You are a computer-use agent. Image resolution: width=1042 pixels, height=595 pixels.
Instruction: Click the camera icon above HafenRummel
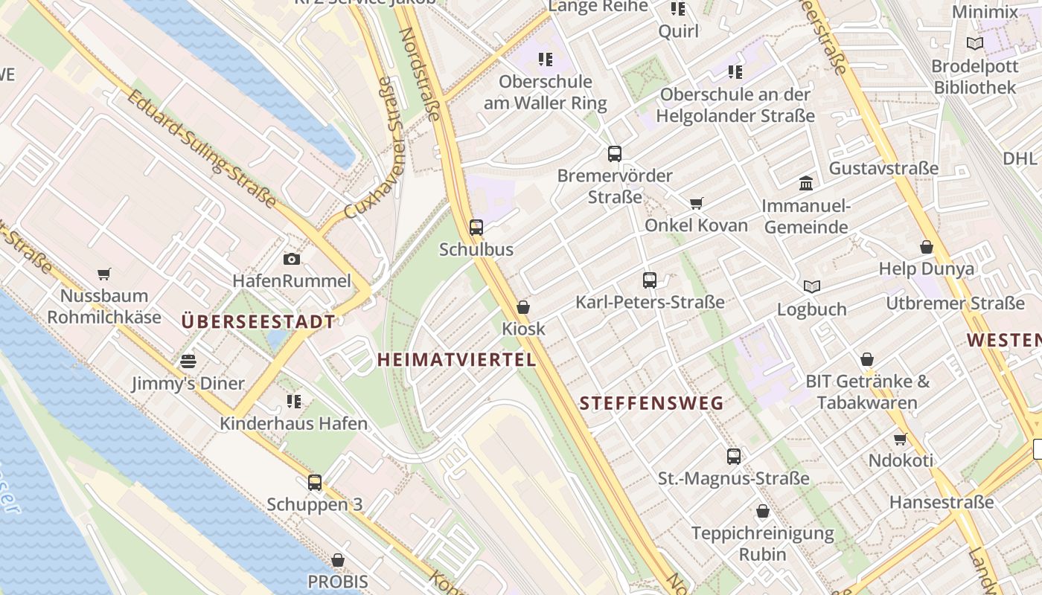click(292, 259)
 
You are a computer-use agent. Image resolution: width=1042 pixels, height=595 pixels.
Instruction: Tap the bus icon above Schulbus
click(476, 227)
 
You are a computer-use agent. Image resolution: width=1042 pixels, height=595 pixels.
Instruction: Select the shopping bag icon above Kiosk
click(523, 306)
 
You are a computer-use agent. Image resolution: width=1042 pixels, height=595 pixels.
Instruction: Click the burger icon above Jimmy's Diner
click(188, 361)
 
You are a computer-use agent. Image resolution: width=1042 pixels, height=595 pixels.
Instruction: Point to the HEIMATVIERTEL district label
click(456, 360)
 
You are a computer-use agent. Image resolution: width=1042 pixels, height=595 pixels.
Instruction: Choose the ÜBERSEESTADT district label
click(258, 322)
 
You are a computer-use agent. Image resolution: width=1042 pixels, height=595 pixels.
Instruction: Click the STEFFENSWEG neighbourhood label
click(651, 404)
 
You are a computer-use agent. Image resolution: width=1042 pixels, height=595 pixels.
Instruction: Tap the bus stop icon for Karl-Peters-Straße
click(650, 280)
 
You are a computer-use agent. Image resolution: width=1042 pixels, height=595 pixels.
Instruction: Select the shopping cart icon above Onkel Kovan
click(697, 203)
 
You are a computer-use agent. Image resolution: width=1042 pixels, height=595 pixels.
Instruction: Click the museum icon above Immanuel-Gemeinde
click(806, 183)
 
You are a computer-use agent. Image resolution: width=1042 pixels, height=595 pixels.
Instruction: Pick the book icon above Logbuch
click(812, 286)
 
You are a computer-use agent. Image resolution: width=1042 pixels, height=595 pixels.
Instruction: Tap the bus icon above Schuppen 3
click(315, 482)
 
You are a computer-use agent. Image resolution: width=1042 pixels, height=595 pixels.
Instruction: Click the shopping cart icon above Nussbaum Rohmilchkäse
click(104, 274)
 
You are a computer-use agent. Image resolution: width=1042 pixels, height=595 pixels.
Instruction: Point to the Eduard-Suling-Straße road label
click(200, 148)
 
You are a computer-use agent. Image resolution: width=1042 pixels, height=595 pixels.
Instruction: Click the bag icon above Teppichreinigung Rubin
click(763, 511)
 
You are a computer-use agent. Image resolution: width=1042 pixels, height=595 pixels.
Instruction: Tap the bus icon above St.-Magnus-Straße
click(734, 456)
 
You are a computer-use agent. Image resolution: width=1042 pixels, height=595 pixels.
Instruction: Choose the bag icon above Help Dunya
click(927, 246)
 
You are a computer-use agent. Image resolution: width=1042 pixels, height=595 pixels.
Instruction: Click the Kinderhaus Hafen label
click(293, 424)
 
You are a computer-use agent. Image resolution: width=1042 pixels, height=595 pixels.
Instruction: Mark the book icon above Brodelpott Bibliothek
click(975, 43)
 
